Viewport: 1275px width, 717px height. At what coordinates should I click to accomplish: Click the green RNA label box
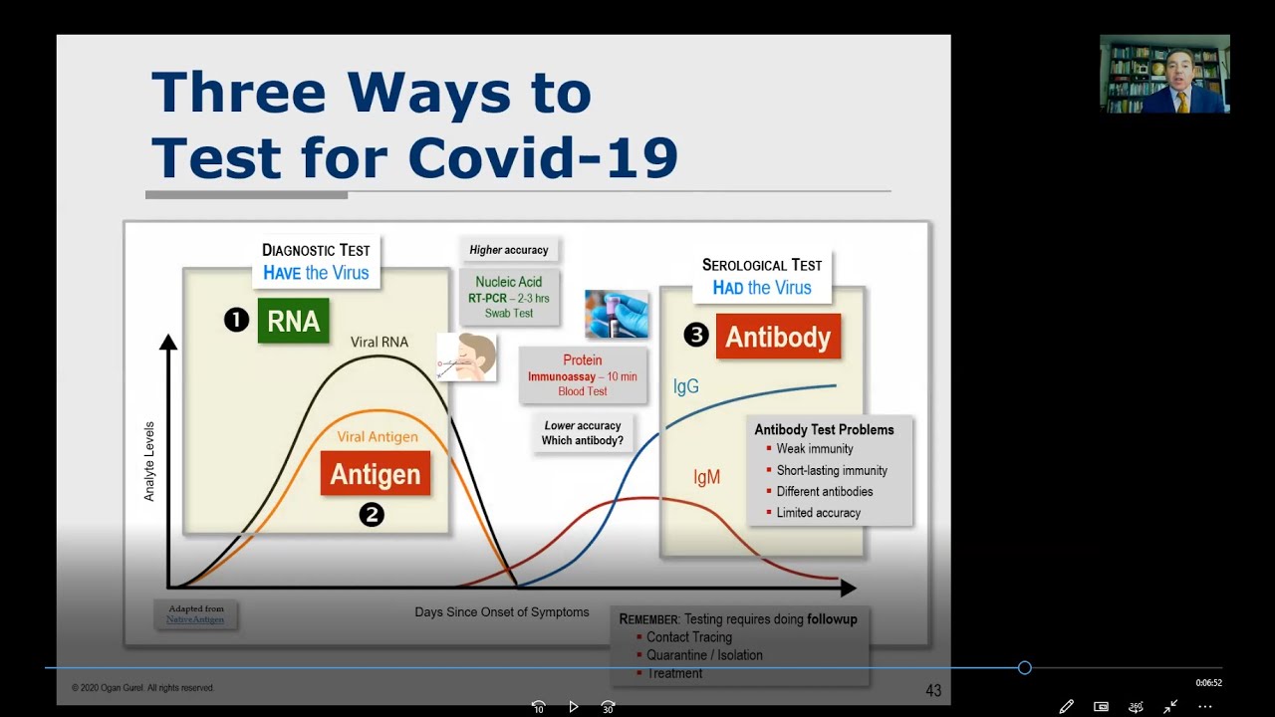(x=293, y=321)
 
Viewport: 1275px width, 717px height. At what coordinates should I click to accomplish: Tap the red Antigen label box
(x=376, y=474)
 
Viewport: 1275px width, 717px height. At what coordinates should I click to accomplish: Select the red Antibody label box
(x=778, y=337)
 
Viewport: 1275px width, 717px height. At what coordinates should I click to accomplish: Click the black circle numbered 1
(x=236, y=320)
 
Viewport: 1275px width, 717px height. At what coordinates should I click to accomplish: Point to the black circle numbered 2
(x=372, y=515)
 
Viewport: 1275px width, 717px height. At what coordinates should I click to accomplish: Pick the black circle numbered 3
(x=696, y=336)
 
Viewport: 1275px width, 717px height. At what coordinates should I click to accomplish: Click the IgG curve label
(x=686, y=386)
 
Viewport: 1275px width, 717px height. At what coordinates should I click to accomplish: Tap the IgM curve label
(x=706, y=477)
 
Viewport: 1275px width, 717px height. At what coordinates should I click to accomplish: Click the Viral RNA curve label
(x=379, y=342)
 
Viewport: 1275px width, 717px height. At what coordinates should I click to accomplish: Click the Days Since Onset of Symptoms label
(x=502, y=612)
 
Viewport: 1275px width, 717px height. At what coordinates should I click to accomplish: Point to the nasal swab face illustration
(x=466, y=358)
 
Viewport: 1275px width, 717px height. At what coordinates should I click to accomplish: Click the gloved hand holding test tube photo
(x=617, y=314)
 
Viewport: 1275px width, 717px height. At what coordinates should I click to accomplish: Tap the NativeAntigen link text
(x=195, y=619)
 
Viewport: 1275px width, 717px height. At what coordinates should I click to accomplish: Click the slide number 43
(x=933, y=690)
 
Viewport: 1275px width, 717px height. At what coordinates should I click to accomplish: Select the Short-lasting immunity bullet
(x=832, y=470)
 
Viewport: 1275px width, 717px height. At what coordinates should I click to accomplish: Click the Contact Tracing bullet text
(x=688, y=637)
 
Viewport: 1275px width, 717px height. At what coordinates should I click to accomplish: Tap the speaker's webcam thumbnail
(x=1164, y=74)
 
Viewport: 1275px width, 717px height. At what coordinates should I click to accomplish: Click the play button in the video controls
(x=573, y=706)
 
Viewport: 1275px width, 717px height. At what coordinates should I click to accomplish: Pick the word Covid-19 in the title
(x=543, y=156)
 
